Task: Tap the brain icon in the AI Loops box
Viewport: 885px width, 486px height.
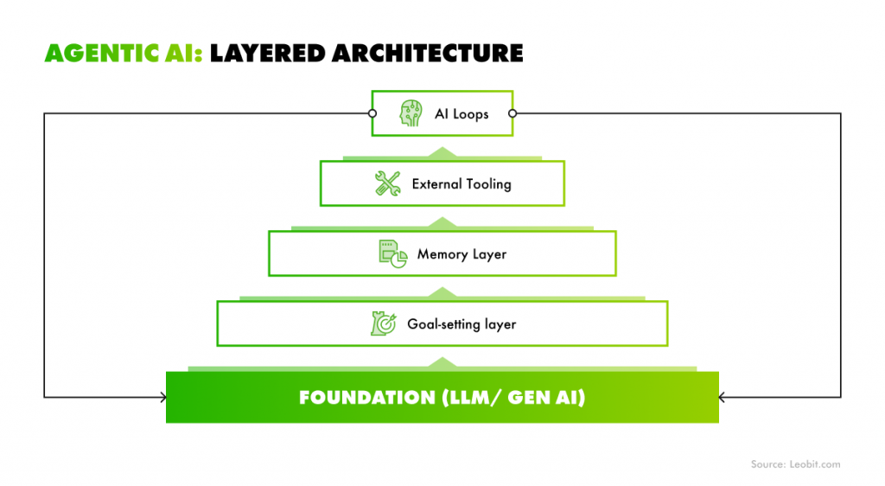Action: click(411, 113)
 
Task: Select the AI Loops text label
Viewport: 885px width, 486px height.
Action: click(462, 113)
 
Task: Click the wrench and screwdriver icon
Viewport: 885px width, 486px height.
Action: click(387, 183)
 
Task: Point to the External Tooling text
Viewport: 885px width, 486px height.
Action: click(462, 183)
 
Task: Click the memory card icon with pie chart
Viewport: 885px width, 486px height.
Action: click(392, 253)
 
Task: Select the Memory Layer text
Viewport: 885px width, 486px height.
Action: click(462, 253)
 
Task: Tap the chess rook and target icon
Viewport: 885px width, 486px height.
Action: click(383, 323)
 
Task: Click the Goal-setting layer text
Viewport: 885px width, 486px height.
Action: click(462, 323)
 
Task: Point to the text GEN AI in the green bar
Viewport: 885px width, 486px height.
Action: click(550, 397)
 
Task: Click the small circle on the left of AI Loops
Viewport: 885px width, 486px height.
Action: click(372, 113)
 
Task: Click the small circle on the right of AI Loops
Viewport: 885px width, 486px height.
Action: click(513, 113)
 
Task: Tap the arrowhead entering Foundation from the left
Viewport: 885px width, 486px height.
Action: click(162, 397)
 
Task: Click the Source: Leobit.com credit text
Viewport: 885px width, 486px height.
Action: click(795, 464)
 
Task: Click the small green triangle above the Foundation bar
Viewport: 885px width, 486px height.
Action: click(442, 362)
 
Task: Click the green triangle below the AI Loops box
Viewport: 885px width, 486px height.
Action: click(442, 152)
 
